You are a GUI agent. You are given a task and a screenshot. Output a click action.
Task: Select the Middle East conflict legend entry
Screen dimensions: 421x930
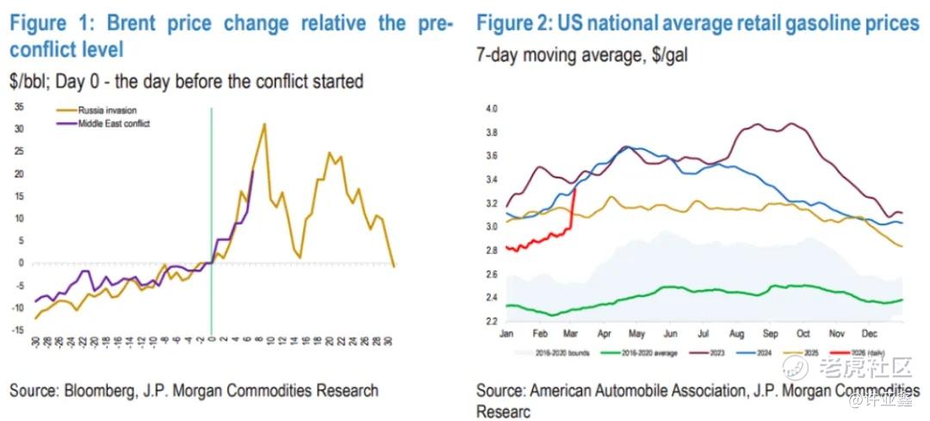[114, 123]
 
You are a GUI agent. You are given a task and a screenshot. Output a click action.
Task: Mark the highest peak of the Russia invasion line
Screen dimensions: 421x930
[264, 124]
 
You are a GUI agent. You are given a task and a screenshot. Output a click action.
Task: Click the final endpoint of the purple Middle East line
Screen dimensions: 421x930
[252, 171]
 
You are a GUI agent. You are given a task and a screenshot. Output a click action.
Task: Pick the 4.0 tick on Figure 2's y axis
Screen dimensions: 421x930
[492, 109]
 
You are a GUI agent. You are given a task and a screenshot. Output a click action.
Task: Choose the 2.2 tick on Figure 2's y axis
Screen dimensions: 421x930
[492, 322]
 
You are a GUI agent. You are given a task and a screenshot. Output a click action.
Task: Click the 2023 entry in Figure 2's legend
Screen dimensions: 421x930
[716, 353]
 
